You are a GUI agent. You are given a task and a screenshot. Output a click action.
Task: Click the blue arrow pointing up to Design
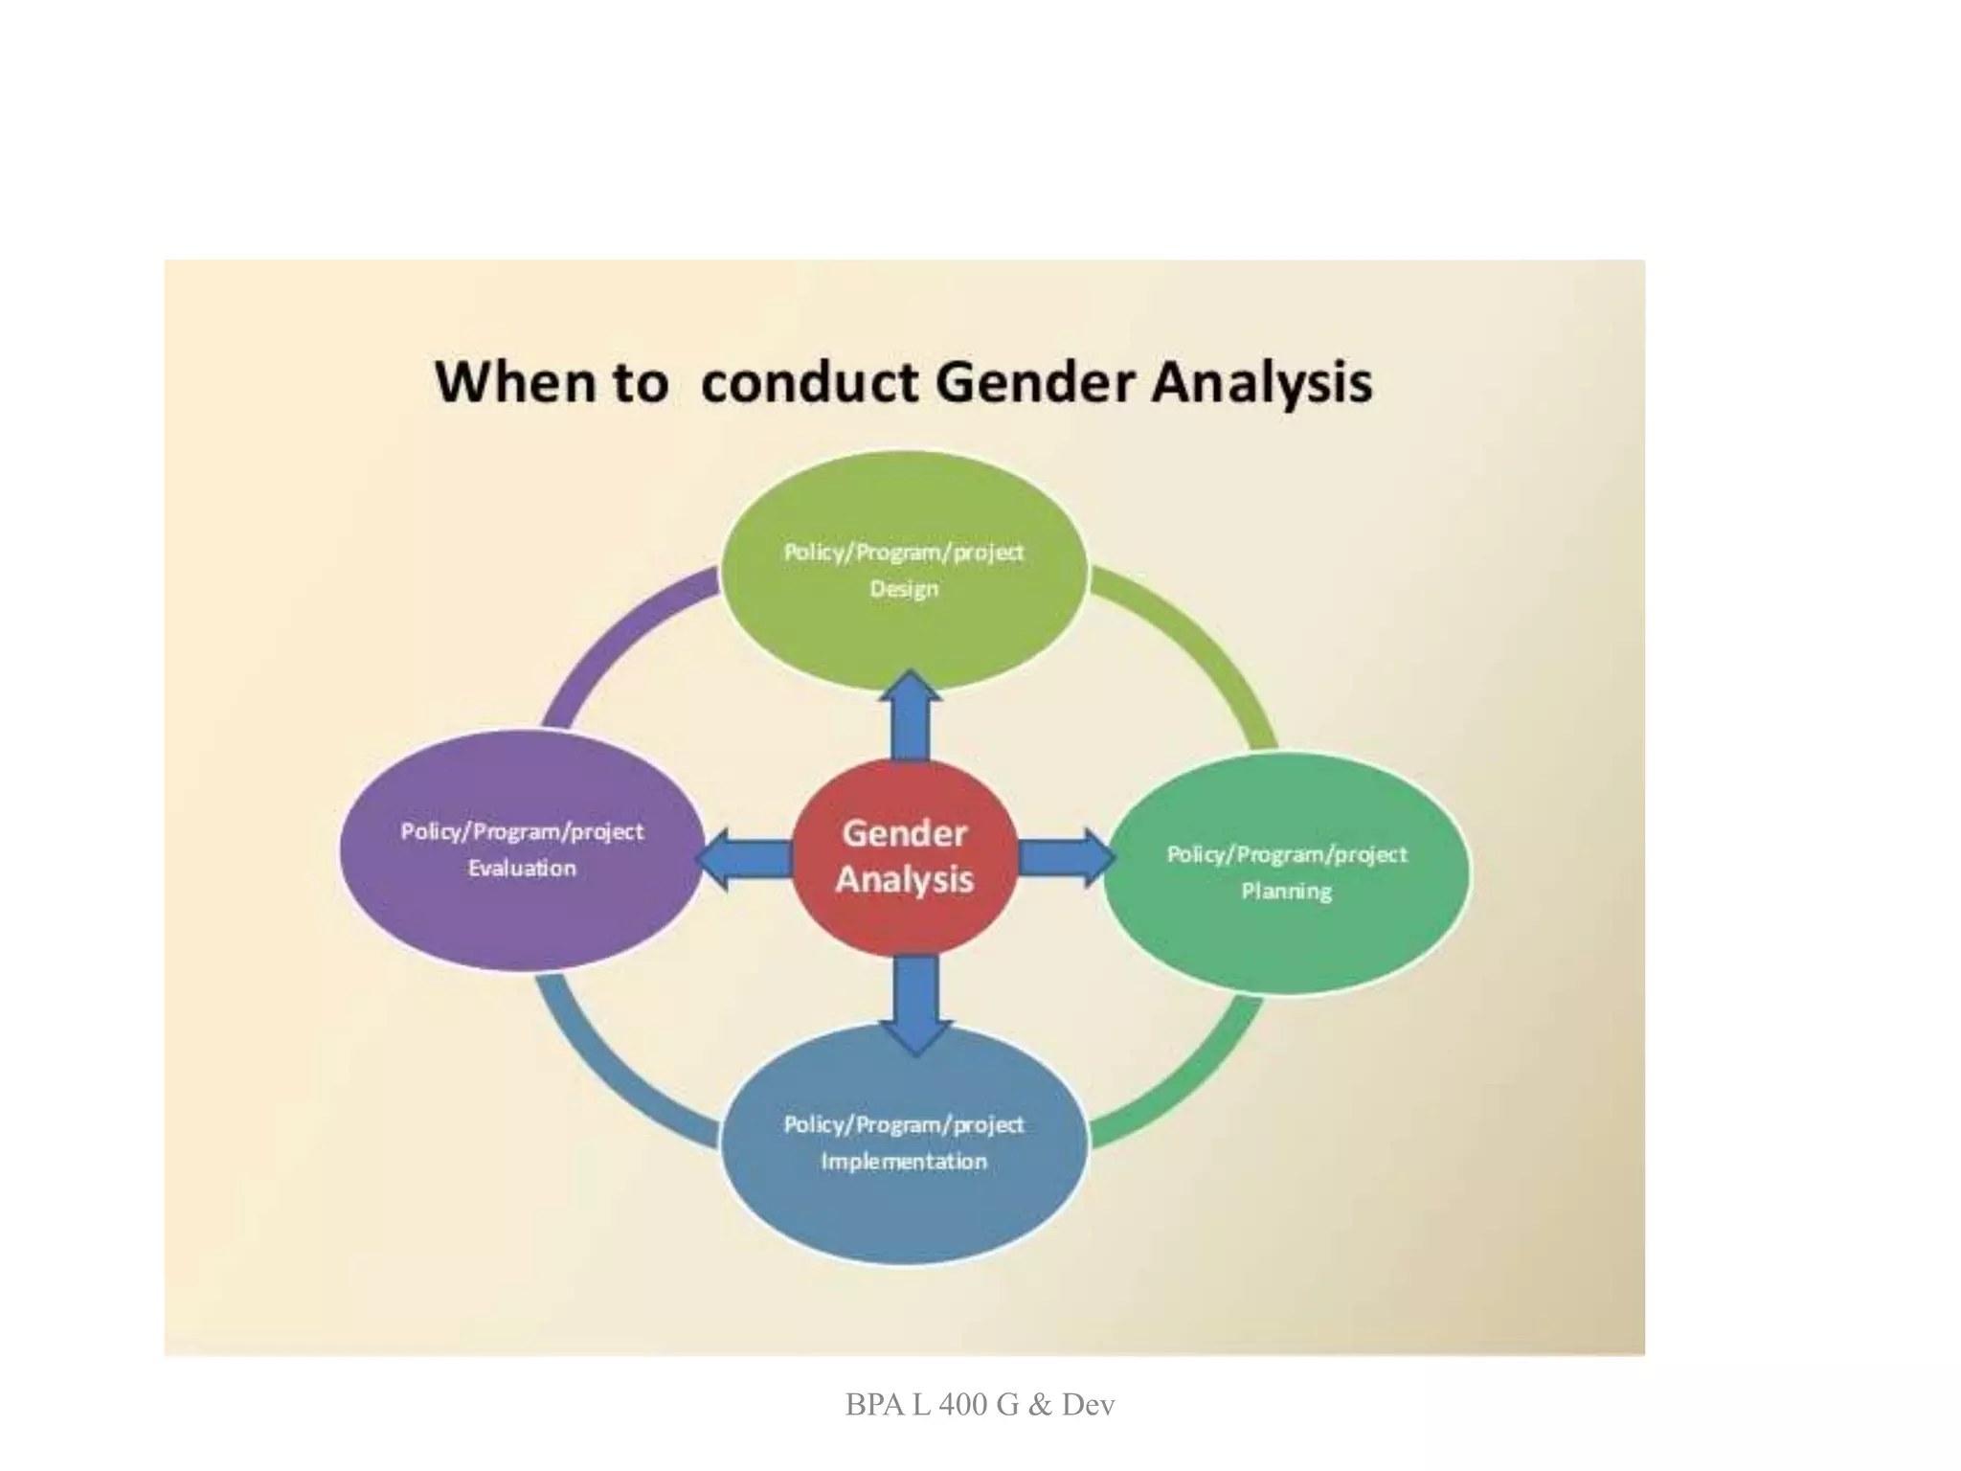(x=910, y=718)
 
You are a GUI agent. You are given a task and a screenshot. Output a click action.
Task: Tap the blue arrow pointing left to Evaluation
(x=742, y=857)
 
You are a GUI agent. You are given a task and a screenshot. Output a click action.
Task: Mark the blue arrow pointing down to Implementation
(x=915, y=1006)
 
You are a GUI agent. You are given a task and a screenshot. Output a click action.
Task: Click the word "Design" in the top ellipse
(x=904, y=589)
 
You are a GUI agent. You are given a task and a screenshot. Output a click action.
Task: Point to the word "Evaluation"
(x=522, y=869)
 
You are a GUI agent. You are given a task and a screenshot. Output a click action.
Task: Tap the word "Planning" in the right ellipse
(x=1287, y=892)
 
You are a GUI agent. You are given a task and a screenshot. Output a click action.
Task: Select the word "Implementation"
(x=904, y=1162)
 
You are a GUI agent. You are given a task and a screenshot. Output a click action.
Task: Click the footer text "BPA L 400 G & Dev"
(x=980, y=1405)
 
